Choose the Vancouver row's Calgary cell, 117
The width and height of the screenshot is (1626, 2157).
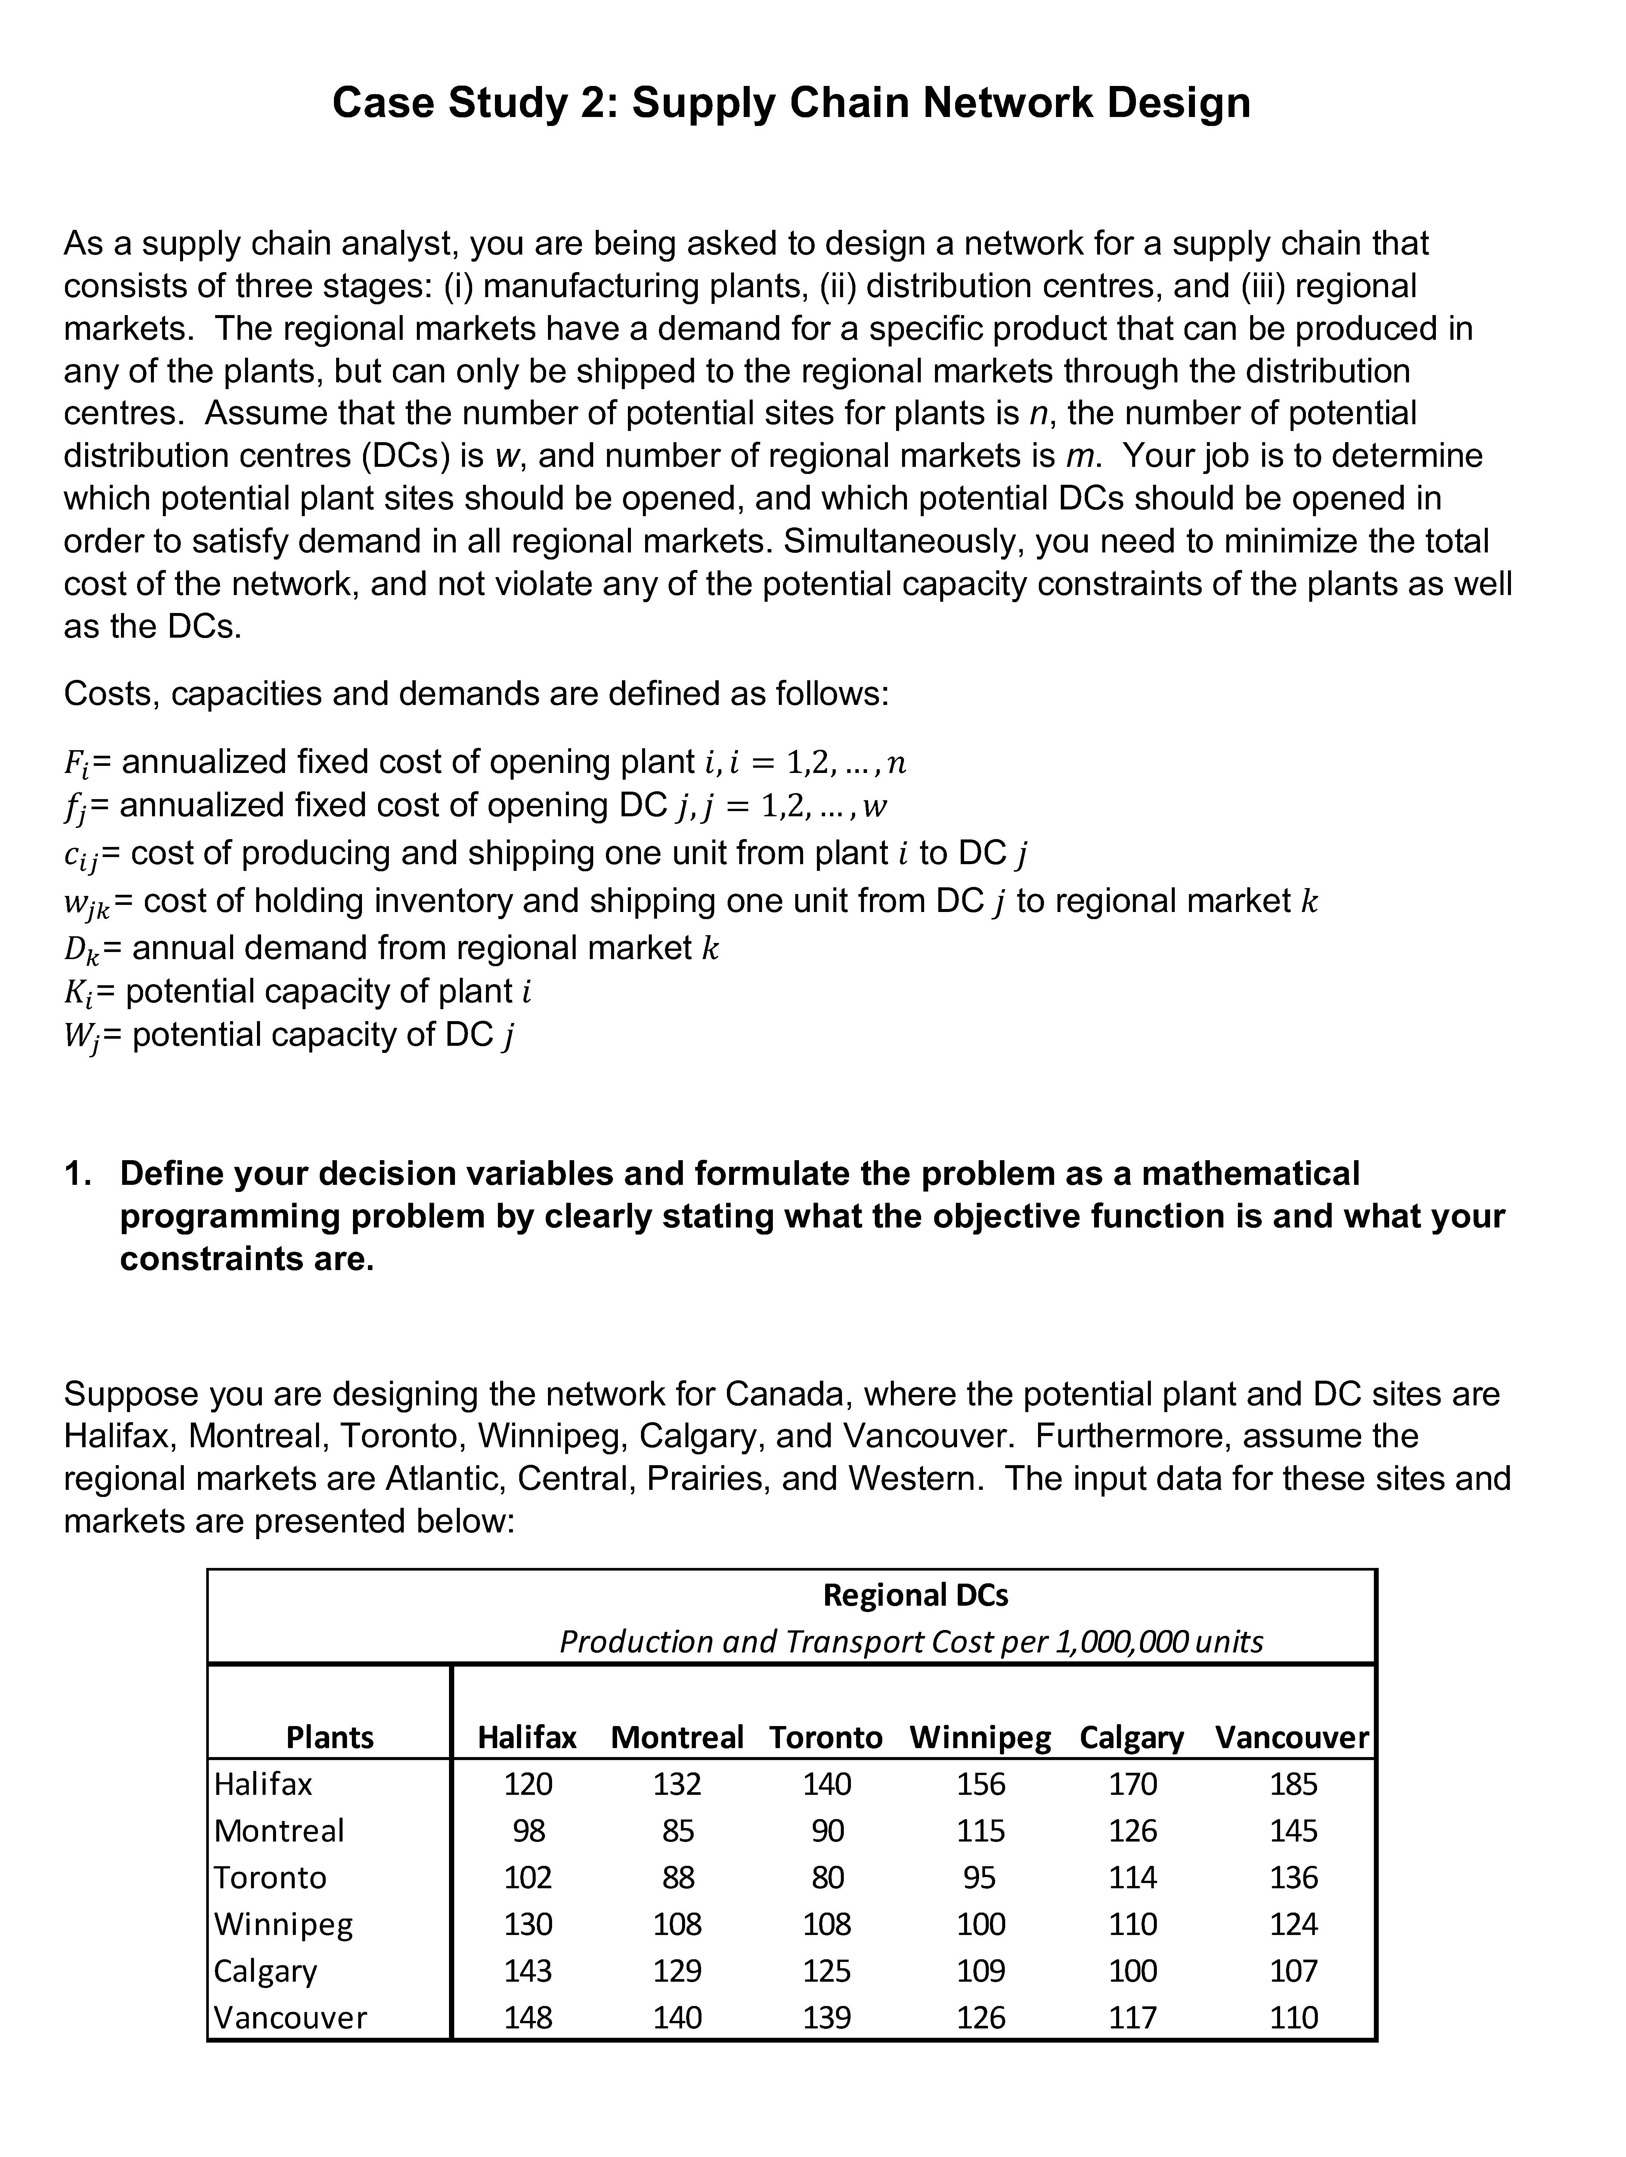coord(1133,2016)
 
